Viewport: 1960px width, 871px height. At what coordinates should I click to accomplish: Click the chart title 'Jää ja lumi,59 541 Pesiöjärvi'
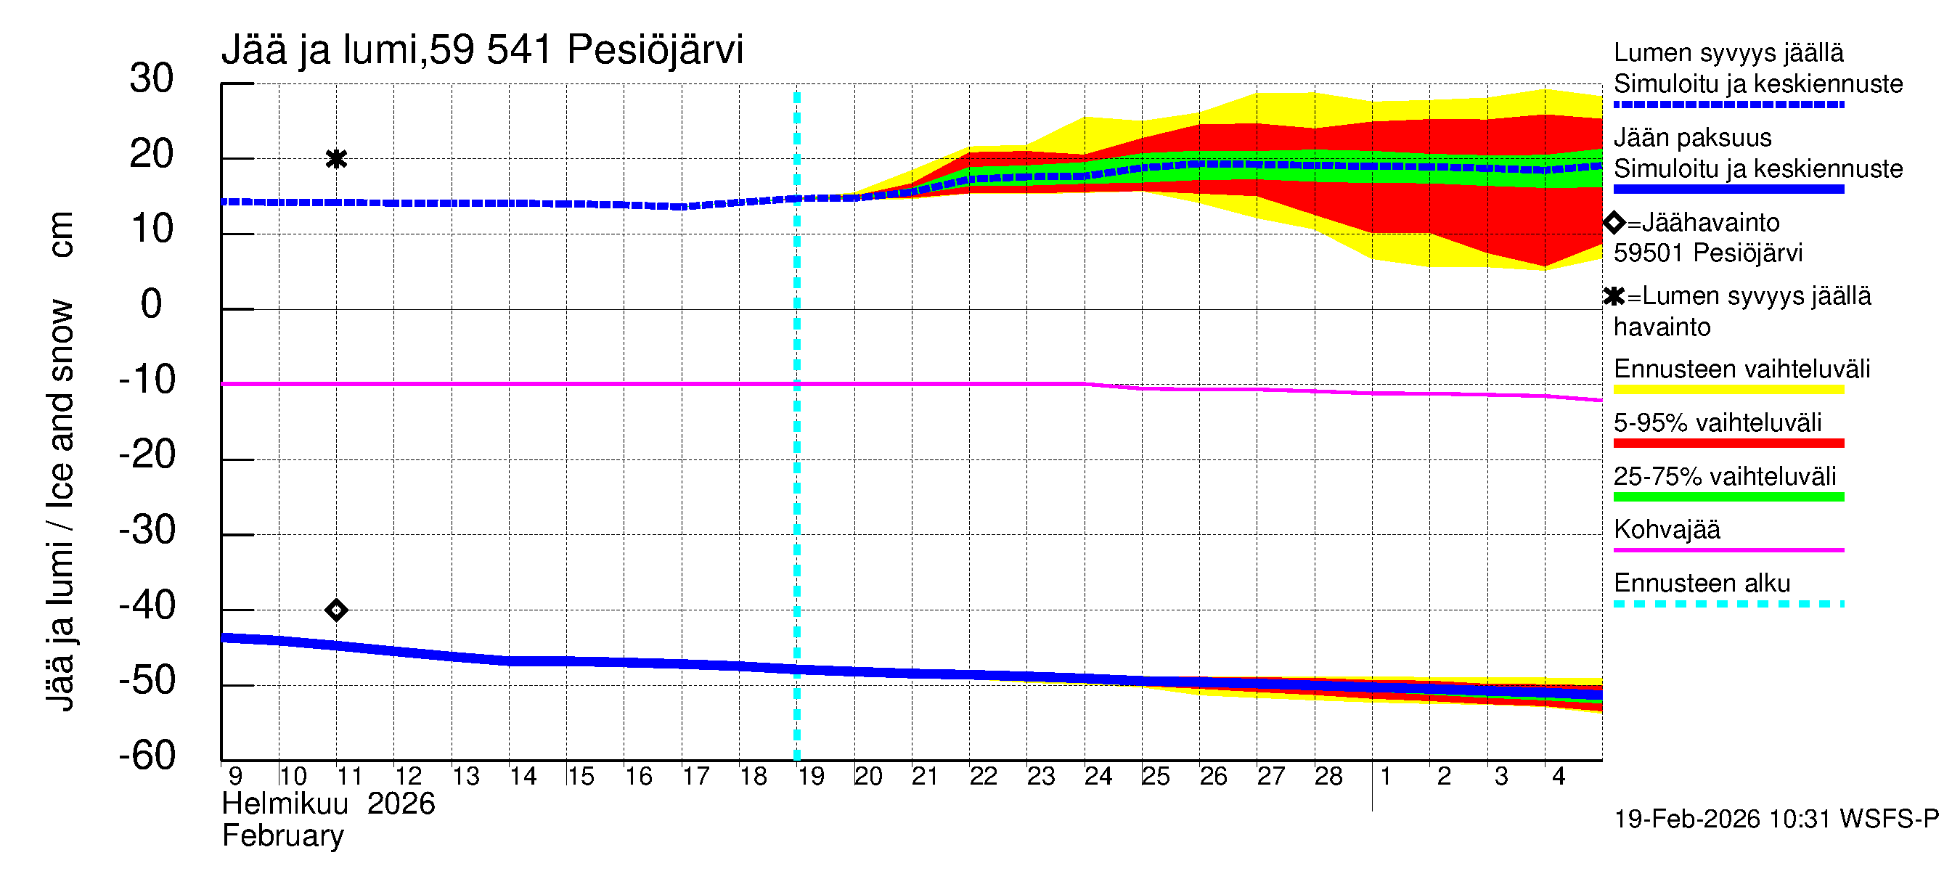(x=481, y=50)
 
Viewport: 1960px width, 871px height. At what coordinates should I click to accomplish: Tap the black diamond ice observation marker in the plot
(x=336, y=610)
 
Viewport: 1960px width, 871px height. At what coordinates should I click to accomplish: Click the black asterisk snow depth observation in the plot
(x=336, y=159)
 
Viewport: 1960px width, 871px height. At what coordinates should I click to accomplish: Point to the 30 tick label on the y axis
(x=152, y=78)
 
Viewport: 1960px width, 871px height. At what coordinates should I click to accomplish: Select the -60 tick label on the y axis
(x=147, y=756)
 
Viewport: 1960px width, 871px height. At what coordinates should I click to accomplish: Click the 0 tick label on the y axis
(x=152, y=304)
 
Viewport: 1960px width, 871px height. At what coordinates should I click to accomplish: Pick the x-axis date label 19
(x=811, y=777)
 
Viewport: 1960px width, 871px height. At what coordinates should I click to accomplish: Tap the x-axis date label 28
(x=1328, y=777)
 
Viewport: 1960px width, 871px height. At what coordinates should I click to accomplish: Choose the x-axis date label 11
(x=349, y=777)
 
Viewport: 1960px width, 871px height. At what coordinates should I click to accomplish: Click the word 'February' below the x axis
(x=283, y=836)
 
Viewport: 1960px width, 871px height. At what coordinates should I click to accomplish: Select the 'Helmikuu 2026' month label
(x=329, y=804)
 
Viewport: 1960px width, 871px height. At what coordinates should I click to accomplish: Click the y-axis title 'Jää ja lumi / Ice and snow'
(x=61, y=505)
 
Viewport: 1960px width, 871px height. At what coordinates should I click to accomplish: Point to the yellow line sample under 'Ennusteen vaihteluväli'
(x=1728, y=390)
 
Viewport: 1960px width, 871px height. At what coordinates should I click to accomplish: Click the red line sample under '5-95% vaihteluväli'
(x=1728, y=443)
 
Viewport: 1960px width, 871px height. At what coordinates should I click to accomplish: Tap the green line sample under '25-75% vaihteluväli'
(x=1728, y=496)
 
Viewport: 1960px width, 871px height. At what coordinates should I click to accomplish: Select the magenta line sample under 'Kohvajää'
(x=1728, y=550)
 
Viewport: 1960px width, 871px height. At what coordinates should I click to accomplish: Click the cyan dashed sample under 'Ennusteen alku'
(x=1728, y=604)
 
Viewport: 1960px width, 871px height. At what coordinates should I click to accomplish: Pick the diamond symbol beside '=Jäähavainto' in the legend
(x=1614, y=223)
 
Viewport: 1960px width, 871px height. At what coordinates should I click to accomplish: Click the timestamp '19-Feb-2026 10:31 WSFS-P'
(x=1776, y=819)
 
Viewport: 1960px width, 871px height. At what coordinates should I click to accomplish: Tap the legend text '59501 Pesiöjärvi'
(x=1708, y=253)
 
